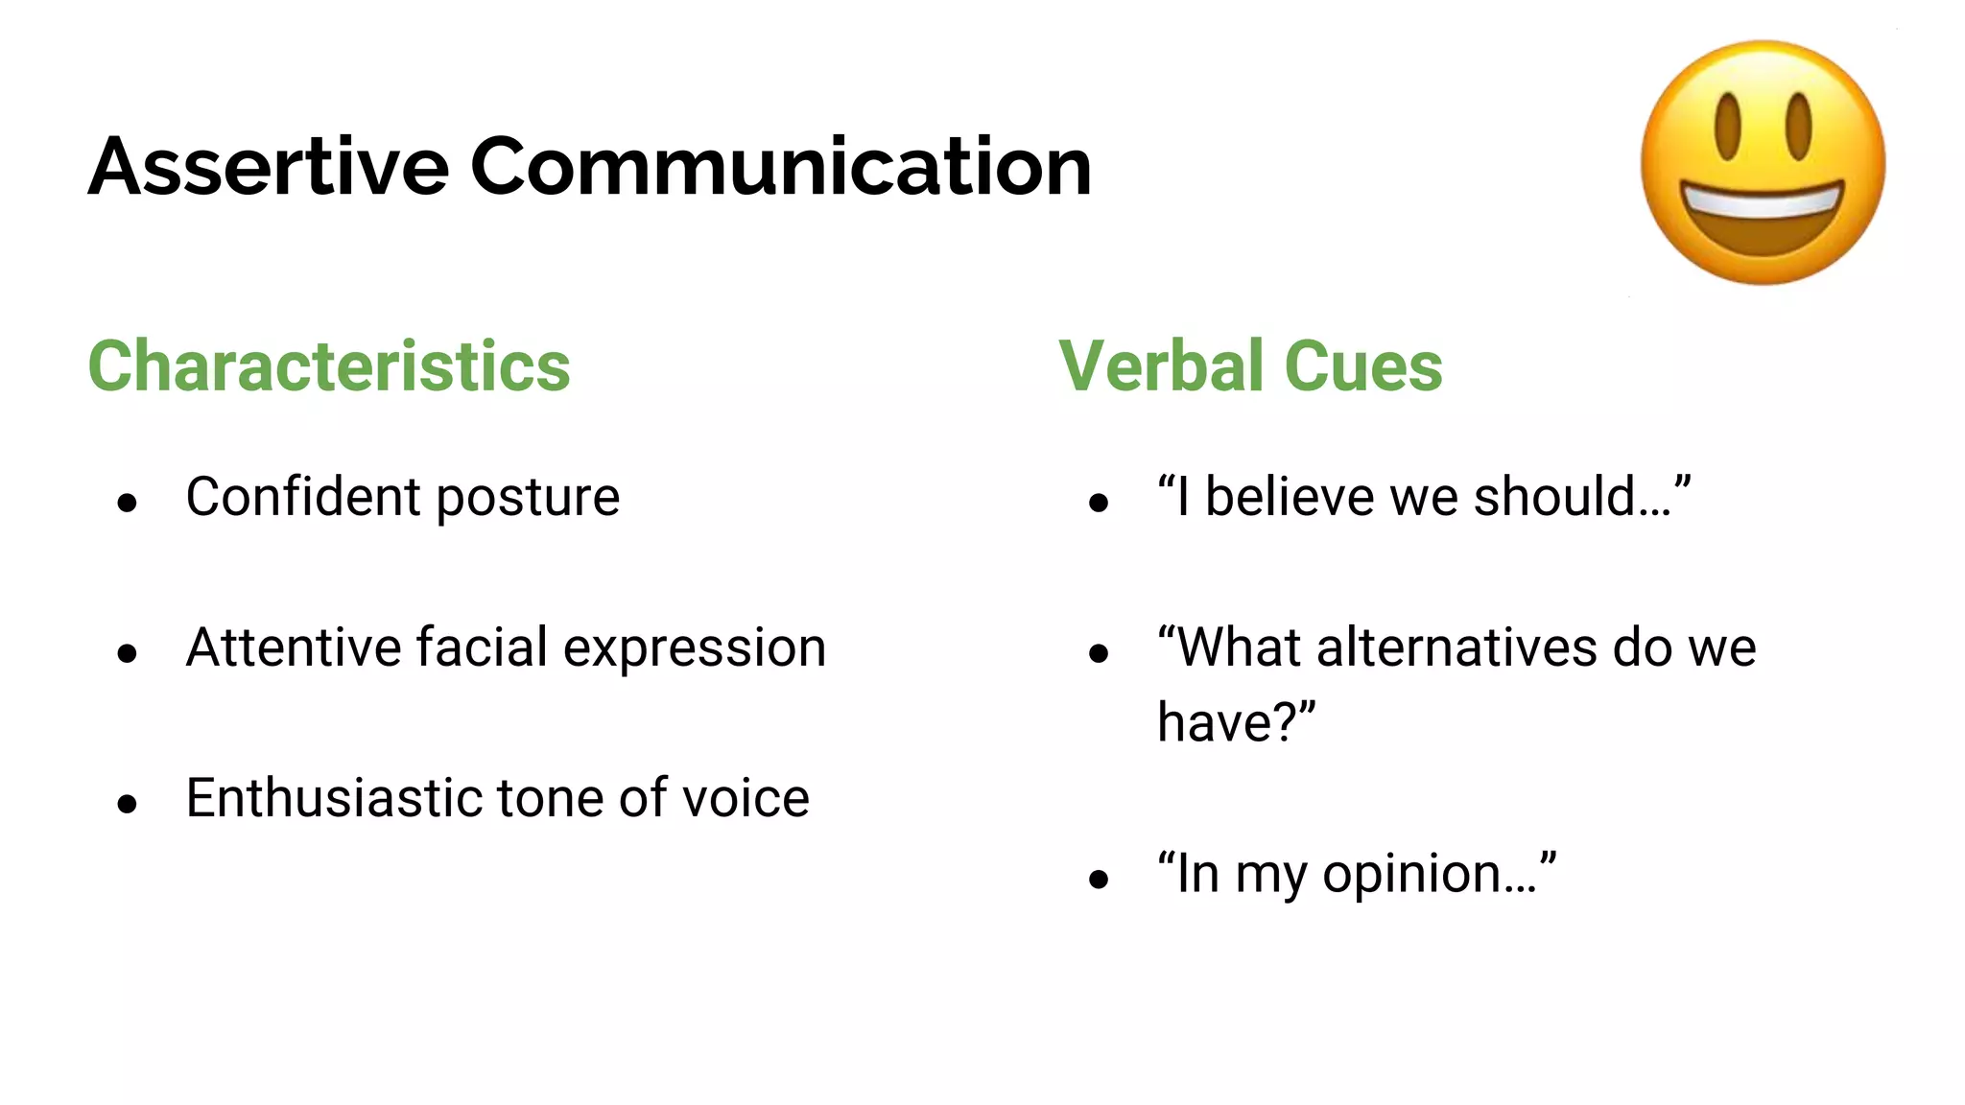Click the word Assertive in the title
point(269,167)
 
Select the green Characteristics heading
point(329,366)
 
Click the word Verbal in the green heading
point(1161,366)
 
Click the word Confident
point(303,497)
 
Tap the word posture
point(528,499)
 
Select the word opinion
point(1410,875)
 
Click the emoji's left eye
point(1728,127)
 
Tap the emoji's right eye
point(1798,127)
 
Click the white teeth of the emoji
point(1763,203)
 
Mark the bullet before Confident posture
point(128,503)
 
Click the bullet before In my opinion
point(1099,880)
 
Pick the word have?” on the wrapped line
point(1236,722)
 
